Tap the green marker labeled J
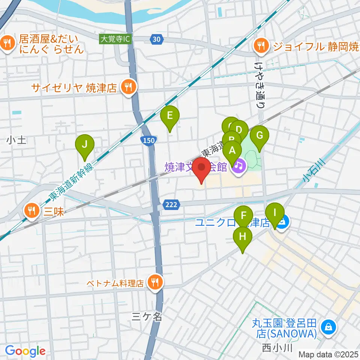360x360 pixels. point(85,145)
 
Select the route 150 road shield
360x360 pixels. point(148,140)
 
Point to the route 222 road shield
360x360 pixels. point(170,205)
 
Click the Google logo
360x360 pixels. point(25,351)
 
